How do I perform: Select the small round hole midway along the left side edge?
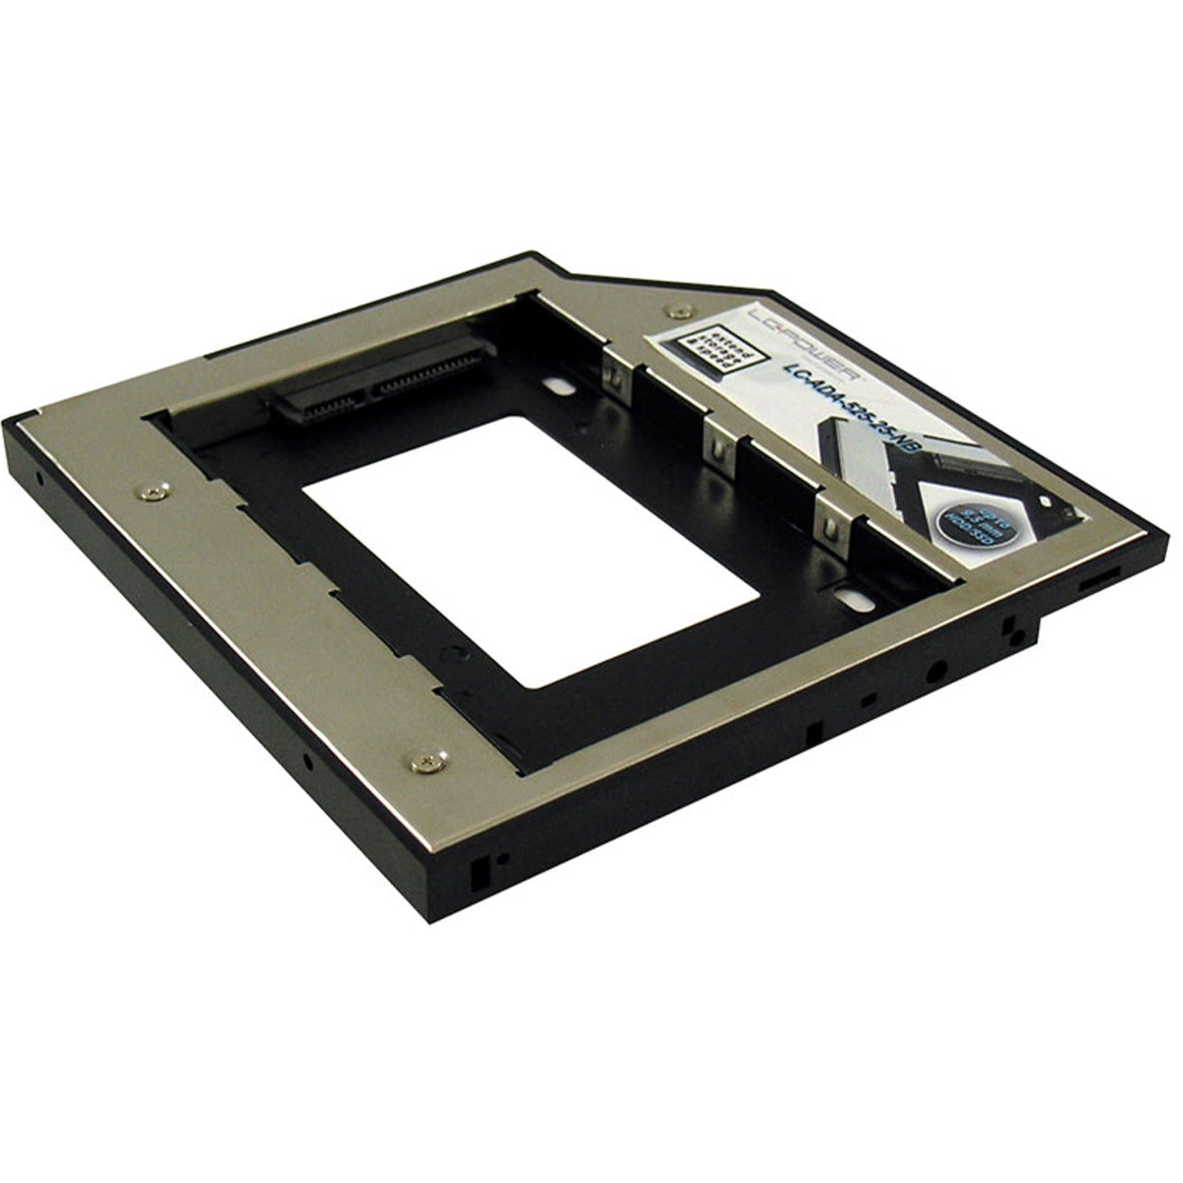point(307,761)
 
